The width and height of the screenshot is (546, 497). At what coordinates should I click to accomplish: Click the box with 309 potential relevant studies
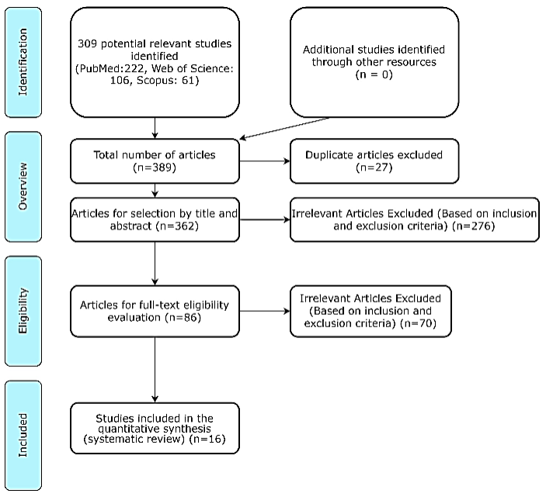tap(155, 62)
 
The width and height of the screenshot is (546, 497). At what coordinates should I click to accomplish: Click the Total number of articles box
tap(155, 160)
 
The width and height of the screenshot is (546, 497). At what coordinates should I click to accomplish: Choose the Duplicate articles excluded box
tap(374, 160)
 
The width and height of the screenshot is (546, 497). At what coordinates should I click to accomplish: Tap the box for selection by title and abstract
tap(155, 219)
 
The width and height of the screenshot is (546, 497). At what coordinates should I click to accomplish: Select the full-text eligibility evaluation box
tap(155, 311)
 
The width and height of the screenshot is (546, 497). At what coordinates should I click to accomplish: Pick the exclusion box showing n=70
tap(370, 311)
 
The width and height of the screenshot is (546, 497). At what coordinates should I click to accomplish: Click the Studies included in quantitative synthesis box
tap(155, 428)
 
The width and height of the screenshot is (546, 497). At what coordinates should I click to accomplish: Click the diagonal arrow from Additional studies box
tap(284, 129)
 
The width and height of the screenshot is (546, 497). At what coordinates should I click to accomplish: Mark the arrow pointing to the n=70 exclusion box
tap(264, 312)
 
